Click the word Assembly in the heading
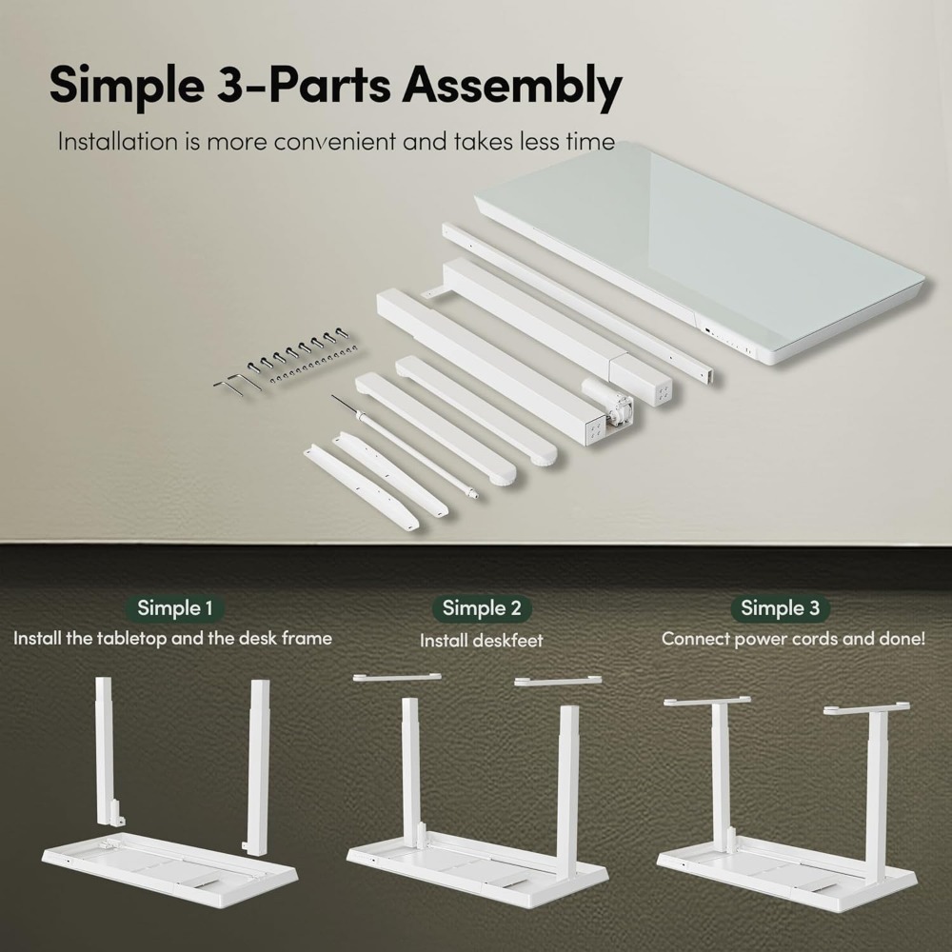tap(512, 87)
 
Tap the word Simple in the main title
tap(127, 87)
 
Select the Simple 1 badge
tap(175, 607)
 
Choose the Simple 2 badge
tap(482, 607)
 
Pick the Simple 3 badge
tap(781, 607)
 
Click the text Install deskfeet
tap(482, 641)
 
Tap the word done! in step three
tap(902, 639)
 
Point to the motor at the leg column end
tap(608, 403)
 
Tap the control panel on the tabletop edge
tap(727, 341)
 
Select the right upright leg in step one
tap(258, 767)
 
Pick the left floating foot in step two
tap(397, 677)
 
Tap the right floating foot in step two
tap(558, 681)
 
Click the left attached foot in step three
tap(706, 702)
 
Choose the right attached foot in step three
tap(867, 708)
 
